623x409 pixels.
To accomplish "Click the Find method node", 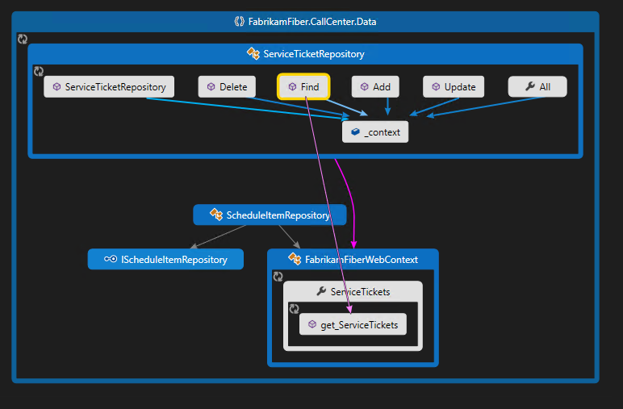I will point(303,86).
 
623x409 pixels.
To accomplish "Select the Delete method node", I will point(227,86).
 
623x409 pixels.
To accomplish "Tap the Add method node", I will point(375,86).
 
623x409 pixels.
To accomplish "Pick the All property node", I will point(537,86).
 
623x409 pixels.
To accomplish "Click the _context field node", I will point(375,132).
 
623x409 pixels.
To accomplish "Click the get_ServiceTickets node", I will point(353,324).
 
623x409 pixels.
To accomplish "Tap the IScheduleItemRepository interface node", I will point(165,259).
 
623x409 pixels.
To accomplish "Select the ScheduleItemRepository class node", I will point(270,215).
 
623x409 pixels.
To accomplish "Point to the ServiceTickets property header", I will point(353,291).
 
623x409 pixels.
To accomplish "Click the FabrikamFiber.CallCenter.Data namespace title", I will point(305,21).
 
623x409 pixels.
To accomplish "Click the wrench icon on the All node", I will point(529,86).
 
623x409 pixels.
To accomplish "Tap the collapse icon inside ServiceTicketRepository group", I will point(39,72).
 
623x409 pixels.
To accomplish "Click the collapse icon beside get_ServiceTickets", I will point(295,309).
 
